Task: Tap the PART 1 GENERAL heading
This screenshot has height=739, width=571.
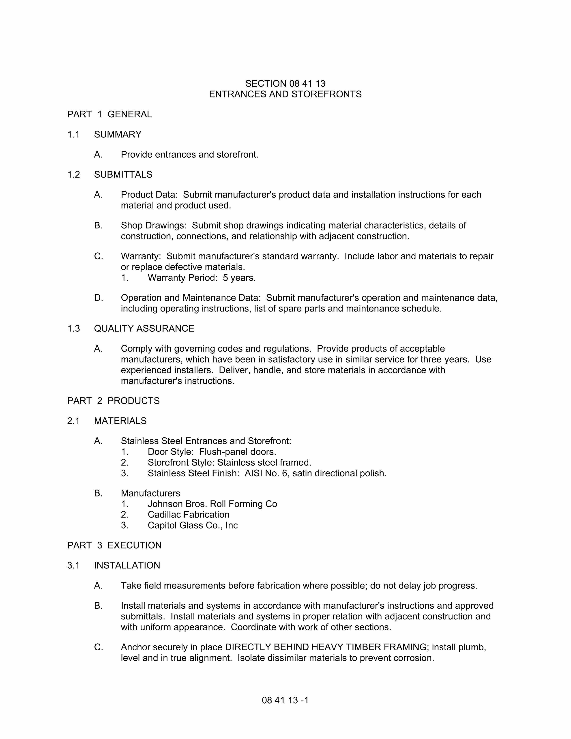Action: [109, 114]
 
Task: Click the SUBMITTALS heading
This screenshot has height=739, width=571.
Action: [123, 175]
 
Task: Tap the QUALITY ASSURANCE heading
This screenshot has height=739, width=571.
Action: [144, 329]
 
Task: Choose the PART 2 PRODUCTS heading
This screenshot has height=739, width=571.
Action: [113, 401]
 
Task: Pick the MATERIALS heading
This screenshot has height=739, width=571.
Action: [120, 421]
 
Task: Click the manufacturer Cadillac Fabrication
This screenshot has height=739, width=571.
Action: [188, 515]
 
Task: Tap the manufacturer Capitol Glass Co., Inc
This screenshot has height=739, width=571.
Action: [193, 526]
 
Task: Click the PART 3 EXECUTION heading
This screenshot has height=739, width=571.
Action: [114, 546]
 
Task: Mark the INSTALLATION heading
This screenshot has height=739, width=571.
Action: [127, 565]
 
